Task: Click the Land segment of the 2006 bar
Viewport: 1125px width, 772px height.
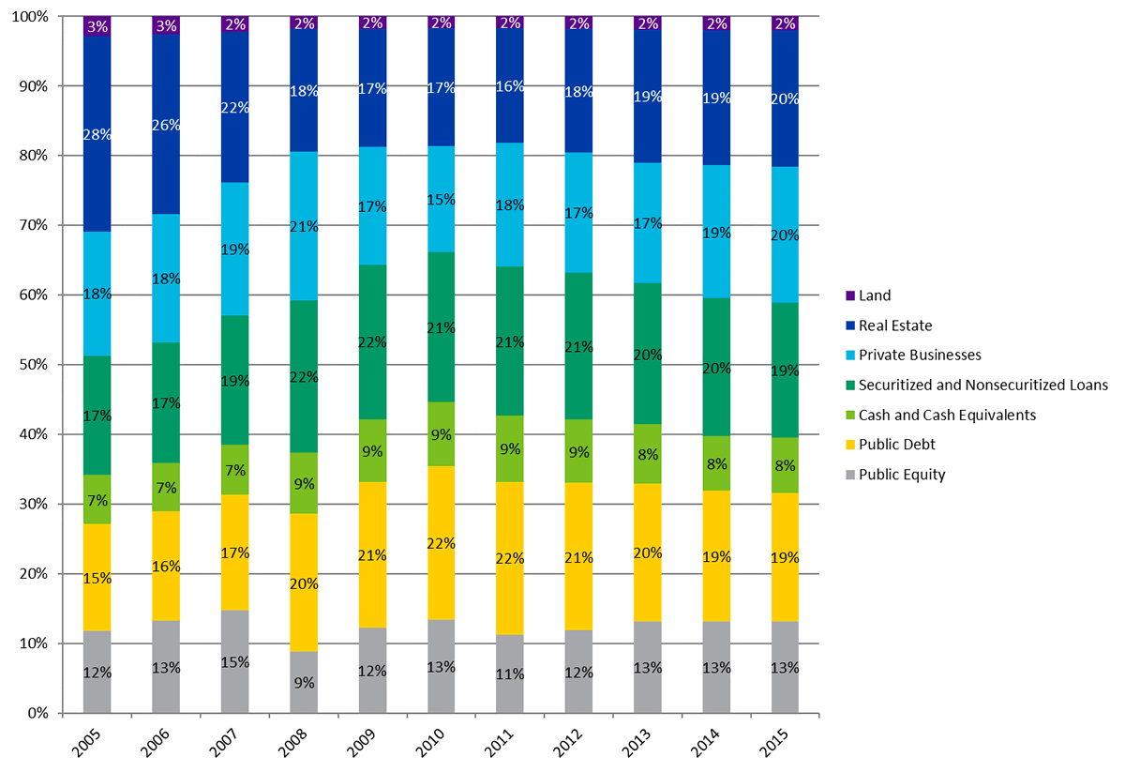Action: point(167,25)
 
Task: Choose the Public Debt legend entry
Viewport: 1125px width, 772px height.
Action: point(899,445)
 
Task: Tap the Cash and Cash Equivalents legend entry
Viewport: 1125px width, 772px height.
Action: point(945,415)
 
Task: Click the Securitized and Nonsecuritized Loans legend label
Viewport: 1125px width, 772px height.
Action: point(983,385)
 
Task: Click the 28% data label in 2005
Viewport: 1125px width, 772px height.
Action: point(97,134)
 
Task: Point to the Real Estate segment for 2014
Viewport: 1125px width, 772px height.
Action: point(718,122)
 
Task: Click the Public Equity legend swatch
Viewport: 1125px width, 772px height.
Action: point(850,475)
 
